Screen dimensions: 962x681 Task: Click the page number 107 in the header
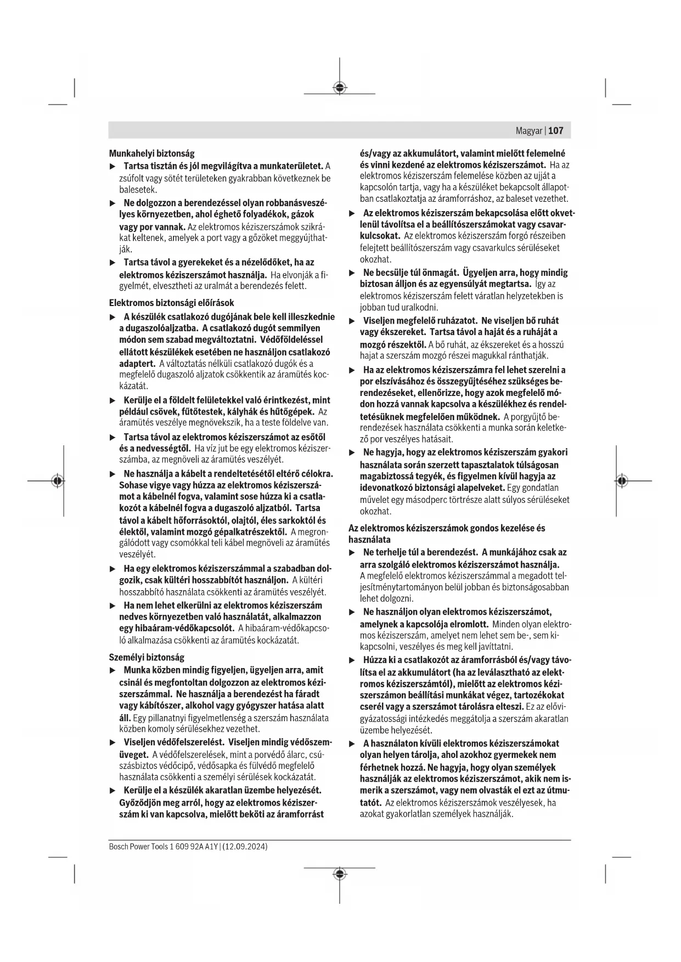[x=555, y=131]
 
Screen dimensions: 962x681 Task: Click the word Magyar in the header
[x=529, y=131]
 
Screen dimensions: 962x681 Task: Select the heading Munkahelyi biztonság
[x=151, y=154]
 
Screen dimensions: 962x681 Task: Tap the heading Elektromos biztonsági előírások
[x=171, y=303]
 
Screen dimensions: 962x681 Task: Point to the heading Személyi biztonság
[x=147, y=657]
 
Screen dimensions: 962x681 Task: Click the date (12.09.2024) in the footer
[x=245, y=847]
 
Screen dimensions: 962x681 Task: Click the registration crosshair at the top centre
[x=340, y=87]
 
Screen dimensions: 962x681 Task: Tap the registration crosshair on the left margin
[x=57, y=481]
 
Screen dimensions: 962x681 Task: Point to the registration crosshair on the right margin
[x=621, y=481]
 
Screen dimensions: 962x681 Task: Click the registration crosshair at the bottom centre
[x=340, y=874]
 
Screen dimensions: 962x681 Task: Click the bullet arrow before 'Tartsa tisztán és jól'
[x=113, y=166]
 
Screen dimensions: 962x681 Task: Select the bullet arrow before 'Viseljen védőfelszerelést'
[x=113, y=743]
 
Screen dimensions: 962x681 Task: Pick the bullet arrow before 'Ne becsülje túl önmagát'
[x=352, y=273]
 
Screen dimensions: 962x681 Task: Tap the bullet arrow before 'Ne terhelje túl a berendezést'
[x=352, y=553]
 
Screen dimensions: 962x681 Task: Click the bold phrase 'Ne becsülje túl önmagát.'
[x=410, y=273]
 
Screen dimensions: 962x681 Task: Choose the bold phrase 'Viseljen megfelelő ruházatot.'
[x=420, y=320]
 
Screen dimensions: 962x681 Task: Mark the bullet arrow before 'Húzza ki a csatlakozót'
[x=352, y=660]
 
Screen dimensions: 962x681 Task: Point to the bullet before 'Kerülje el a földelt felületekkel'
[x=113, y=401]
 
